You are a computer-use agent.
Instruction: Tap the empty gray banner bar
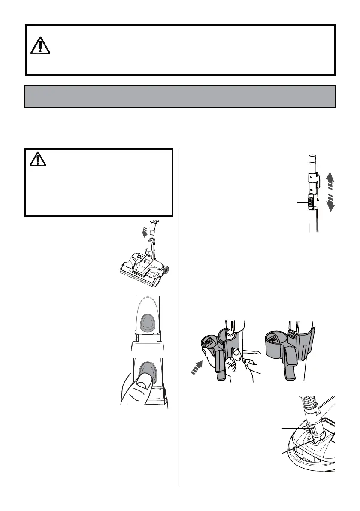[180, 96]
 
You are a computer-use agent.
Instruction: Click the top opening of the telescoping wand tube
[312, 158]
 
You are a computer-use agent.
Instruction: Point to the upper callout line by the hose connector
[293, 428]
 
